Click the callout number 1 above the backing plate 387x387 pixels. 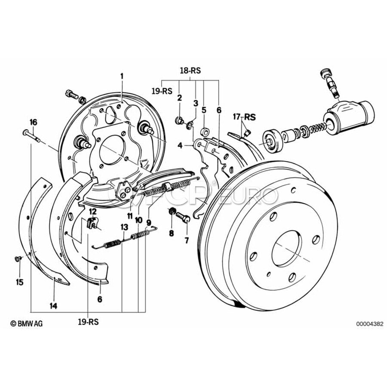122,76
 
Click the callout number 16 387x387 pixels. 33,122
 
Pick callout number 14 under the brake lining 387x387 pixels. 53,306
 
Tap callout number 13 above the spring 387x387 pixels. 124,227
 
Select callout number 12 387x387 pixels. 93,211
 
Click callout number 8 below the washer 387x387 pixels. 171,233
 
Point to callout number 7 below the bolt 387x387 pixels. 187,240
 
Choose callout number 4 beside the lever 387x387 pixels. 181,145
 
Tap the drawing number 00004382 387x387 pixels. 369,323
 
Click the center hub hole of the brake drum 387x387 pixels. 286,248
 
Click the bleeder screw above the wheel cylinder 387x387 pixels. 329,81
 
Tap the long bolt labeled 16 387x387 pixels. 31,134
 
